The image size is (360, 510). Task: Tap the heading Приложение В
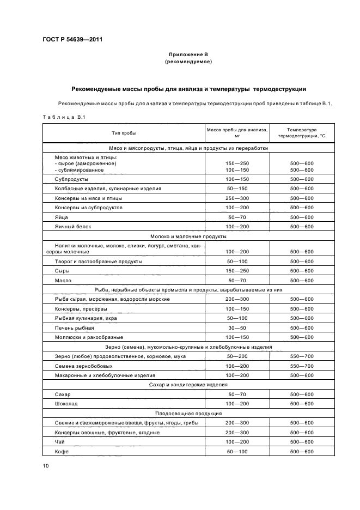pyautogui.click(x=188, y=55)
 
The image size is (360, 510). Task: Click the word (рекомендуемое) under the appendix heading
pyautogui.click(x=188, y=62)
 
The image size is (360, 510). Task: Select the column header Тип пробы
pyautogui.click(x=124, y=132)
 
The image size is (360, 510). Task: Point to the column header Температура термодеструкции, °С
pyautogui.click(x=302, y=132)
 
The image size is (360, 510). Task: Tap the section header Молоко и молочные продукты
pyautogui.click(x=188, y=236)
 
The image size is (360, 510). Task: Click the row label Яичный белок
pyautogui.click(x=71, y=226)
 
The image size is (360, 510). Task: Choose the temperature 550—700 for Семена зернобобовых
pyautogui.click(x=302, y=366)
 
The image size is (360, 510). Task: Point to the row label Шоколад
pyautogui.click(x=66, y=403)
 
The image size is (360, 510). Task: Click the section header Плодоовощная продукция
pyautogui.click(x=188, y=413)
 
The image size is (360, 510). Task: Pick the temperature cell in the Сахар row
pyautogui.click(x=302, y=394)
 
